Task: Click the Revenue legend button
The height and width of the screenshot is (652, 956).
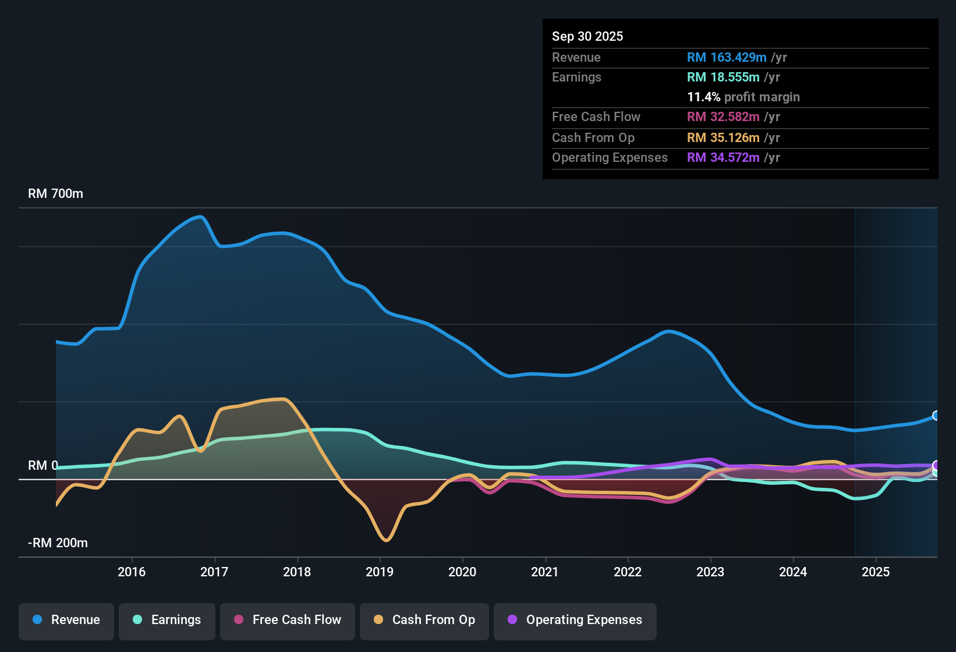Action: coord(66,620)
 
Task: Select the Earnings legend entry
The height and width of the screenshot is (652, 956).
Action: coord(167,620)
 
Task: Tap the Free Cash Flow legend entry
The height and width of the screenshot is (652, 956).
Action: coord(288,620)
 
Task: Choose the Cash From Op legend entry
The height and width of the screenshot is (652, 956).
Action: coord(424,620)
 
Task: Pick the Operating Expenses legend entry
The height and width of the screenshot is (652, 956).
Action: coord(575,620)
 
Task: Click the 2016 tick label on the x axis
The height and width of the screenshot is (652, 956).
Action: coord(132,572)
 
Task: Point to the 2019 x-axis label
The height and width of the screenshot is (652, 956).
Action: coord(380,572)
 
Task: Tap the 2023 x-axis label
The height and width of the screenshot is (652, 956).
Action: coord(710,572)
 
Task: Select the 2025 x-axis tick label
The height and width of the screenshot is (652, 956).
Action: coord(876,572)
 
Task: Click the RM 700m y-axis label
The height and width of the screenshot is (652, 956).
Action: coord(55,193)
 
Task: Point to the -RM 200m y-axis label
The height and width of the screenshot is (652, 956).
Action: coord(58,543)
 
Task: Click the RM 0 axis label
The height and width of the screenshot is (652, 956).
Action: coord(43,465)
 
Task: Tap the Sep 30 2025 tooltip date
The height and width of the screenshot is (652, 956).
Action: coord(587,36)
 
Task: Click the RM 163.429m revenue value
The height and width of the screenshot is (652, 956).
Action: coord(726,57)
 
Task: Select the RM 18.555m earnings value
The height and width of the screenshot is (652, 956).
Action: coord(723,77)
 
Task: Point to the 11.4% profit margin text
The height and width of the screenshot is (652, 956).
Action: coord(743,97)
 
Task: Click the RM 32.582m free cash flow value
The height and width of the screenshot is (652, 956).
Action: coord(723,116)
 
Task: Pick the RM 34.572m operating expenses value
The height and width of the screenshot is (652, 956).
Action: coord(723,157)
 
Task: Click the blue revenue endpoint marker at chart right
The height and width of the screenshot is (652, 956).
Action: coord(936,416)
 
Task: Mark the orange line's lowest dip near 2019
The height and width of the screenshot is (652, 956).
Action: coord(386,540)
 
